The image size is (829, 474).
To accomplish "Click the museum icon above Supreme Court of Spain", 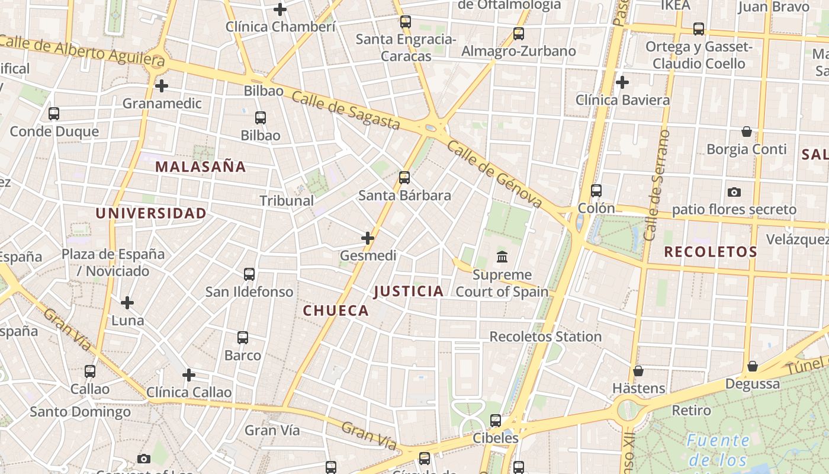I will [503, 257].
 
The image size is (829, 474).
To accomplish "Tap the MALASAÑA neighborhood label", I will [200, 167].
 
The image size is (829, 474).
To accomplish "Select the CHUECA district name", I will [336, 310].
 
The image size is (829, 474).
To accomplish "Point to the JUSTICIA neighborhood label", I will [409, 291].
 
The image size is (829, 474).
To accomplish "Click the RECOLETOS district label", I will [711, 252].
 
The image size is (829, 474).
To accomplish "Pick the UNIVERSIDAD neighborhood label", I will [151, 213].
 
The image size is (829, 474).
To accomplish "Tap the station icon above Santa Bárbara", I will [404, 178].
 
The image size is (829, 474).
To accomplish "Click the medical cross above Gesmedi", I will [368, 239].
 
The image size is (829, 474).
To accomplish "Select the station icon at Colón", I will [596, 191].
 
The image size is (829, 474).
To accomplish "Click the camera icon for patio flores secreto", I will [734, 192].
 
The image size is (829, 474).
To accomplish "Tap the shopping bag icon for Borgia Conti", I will [747, 132].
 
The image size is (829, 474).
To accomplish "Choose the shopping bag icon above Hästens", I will [638, 371].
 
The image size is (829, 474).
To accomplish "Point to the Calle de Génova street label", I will [494, 174].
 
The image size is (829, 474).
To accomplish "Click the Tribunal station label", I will [287, 201].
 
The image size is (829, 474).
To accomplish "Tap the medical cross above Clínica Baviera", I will [622, 82].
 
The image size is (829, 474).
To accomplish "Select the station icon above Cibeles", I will [496, 421].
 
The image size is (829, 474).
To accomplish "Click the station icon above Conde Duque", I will [54, 114].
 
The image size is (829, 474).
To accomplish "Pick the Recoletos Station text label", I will [545, 337].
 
